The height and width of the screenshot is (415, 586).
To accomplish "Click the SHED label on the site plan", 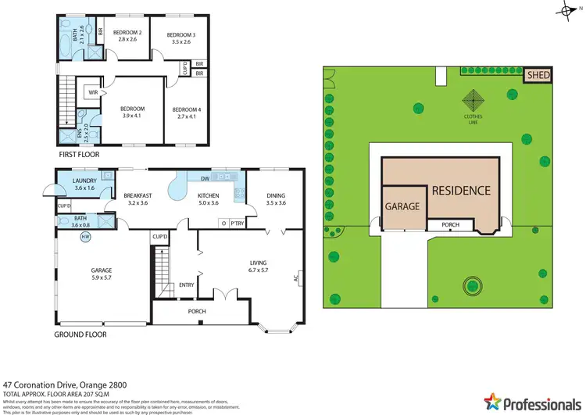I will [538, 75].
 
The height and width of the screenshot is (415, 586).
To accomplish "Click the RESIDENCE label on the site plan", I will [461, 190].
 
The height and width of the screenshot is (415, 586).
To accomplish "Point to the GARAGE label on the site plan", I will [402, 207].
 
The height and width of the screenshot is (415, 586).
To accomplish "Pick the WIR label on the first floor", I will [92, 91].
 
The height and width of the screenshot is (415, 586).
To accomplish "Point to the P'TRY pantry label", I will [236, 223].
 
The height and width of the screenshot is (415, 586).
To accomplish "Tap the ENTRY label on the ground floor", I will [186, 284].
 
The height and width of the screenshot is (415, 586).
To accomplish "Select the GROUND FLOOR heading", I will [80, 334].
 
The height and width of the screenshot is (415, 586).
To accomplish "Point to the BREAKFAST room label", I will [138, 195].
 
